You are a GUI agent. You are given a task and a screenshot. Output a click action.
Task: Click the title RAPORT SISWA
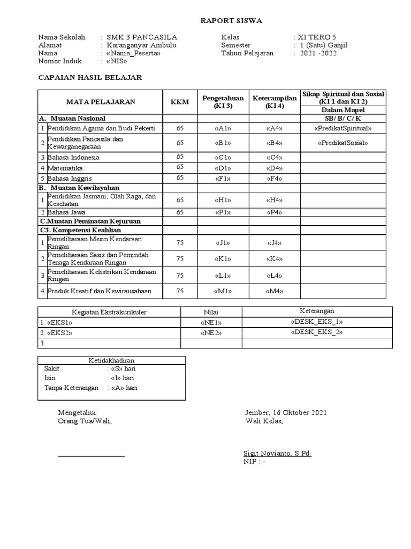(x=231, y=21)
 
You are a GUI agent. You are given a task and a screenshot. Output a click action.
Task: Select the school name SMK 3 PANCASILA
(x=141, y=37)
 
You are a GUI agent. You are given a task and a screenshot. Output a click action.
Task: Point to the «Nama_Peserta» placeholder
(x=133, y=54)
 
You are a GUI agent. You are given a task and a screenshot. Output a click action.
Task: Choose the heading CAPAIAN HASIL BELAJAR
(x=90, y=78)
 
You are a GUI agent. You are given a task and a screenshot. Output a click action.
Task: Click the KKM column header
(x=180, y=102)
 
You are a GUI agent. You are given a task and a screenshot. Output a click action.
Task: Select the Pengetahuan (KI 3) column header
(x=223, y=102)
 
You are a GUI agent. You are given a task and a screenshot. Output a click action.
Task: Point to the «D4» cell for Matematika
(x=274, y=168)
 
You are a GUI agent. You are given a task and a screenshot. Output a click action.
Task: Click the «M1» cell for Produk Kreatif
(x=223, y=291)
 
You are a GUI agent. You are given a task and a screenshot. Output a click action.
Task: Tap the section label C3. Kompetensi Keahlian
(x=80, y=230)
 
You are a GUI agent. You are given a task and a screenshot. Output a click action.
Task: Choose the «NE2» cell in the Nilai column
(x=211, y=333)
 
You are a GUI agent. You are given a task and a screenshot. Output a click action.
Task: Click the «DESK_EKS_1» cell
(x=317, y=322)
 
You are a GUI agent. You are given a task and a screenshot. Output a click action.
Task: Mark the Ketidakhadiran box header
(x=111, y=361)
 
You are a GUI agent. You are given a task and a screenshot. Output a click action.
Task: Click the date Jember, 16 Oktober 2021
(x=286, y=413)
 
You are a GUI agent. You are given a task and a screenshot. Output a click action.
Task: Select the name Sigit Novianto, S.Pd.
(x=277, y=454)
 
